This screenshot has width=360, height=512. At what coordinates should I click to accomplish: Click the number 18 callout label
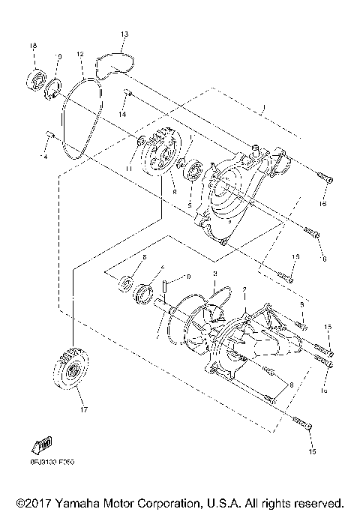(33, 47)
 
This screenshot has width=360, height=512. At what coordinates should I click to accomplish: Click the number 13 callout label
(124, 34)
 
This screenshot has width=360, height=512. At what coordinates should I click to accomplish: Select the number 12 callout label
(79, 54)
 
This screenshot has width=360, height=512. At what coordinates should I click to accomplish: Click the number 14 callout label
(122, 114)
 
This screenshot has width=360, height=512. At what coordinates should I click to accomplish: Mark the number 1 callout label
(264, 107)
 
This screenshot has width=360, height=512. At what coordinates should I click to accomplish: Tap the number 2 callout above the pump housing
(242, 289)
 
